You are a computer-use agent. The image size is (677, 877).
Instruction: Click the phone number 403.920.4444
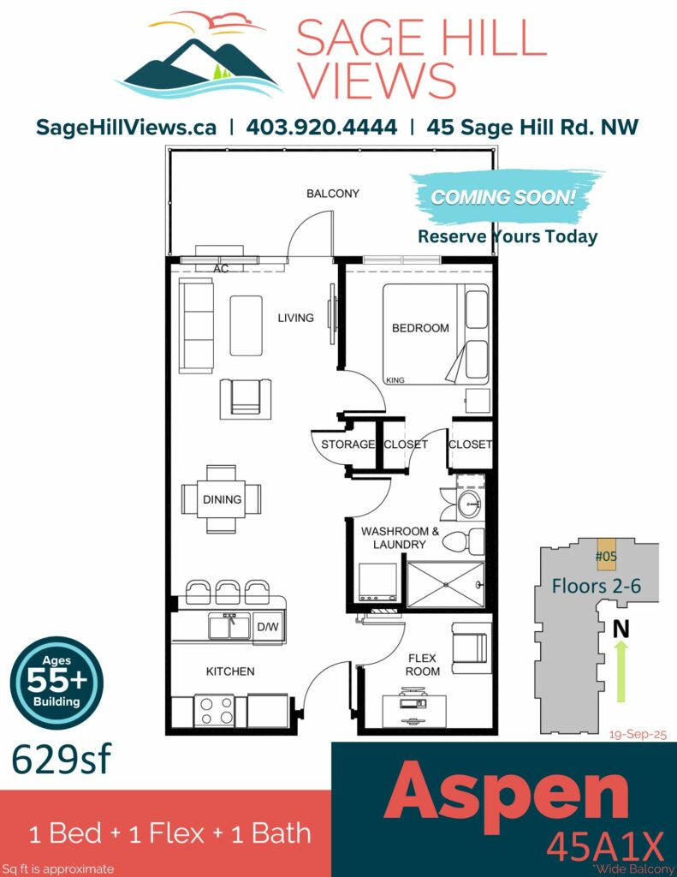322,127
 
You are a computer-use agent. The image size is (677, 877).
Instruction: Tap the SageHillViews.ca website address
126,128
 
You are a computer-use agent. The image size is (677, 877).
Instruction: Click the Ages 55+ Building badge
56,683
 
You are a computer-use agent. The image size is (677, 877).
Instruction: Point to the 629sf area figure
62,760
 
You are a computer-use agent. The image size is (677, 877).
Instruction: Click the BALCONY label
333,194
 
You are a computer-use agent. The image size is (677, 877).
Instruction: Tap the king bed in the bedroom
436,335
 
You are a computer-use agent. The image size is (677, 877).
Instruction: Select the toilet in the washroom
463,541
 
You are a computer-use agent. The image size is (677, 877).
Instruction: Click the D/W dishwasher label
268,627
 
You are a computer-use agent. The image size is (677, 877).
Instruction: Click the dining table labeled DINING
222,499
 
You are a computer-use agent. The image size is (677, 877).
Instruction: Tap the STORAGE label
347,444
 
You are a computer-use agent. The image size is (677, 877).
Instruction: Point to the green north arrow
621,671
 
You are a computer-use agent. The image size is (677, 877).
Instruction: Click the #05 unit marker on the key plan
607,555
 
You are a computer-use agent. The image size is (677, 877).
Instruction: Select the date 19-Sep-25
638,734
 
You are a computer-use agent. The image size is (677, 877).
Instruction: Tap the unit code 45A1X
605,846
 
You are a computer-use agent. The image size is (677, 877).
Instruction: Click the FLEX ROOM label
422,665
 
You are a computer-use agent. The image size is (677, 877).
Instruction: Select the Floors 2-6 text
596,586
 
